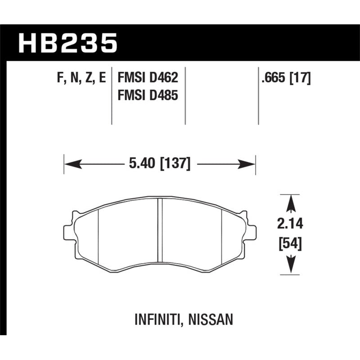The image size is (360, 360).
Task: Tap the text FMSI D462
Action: (x=148, y=78)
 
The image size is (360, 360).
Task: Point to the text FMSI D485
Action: (x=148, y=95)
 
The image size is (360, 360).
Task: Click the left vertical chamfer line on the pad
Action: (x=98, y=234)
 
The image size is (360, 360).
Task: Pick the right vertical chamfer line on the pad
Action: (x=223, y=234)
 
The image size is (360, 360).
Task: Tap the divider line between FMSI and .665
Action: (x=258, y=97)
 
